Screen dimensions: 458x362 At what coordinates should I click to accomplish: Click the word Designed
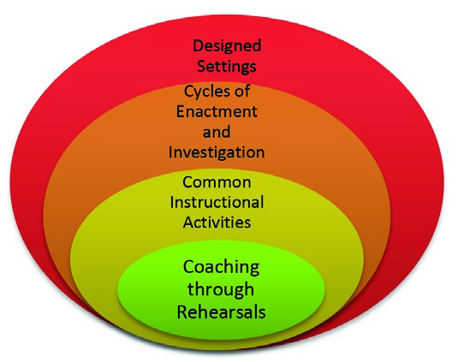point(227,47)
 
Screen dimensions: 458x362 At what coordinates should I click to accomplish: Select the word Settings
point(227,67)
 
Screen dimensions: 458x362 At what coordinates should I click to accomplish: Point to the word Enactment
point(217,111)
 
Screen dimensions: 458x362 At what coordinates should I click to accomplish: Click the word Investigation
point(217,152)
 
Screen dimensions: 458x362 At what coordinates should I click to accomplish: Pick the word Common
point(217,182)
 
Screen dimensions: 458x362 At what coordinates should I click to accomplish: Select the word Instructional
point(217,202)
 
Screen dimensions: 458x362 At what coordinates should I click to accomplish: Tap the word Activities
point(217,223)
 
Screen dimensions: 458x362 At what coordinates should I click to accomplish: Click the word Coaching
point(221,268)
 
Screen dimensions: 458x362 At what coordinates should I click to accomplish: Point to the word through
point(221,290)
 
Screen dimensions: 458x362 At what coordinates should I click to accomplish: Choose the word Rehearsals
point(221,312)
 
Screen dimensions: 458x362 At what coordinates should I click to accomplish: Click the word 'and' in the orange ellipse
point(217,132)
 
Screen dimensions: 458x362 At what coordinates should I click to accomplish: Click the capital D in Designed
point(199,46)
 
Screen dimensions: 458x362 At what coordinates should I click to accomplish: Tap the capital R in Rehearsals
point(182,312)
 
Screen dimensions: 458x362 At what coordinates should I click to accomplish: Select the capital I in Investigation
point(170,151)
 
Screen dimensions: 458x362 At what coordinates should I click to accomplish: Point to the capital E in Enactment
point(181,111)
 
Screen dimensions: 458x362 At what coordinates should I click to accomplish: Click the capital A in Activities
point(188,223)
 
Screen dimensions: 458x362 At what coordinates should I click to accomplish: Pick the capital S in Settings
point(202,66)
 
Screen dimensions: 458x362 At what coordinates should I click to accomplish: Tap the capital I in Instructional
point(172,202)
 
